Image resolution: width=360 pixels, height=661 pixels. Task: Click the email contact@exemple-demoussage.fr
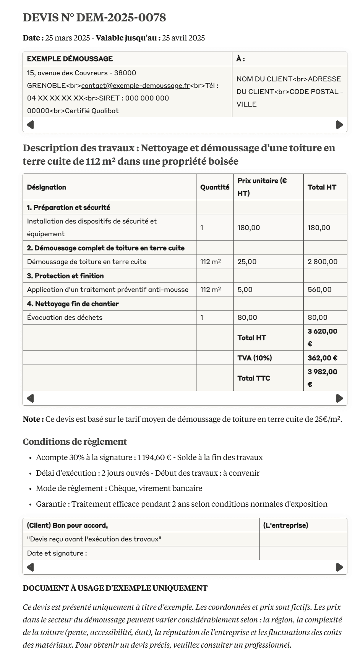click(x=135, y=86)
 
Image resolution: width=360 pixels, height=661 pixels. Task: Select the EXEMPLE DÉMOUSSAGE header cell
click(x=70, y=59)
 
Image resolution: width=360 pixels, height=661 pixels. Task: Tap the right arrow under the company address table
click(x=339, y=125)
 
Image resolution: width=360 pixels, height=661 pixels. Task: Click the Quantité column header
click(x=215, y=187)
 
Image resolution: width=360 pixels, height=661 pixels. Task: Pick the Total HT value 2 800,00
click(x=323, y=262)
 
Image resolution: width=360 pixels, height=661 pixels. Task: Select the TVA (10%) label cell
click(x=255, y=358)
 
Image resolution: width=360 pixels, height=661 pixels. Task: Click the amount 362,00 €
click(x=323, y=358)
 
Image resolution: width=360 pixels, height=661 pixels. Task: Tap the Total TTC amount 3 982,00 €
click(x=323, y=378)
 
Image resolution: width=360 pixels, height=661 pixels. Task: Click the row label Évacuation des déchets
click(x=65, y=318)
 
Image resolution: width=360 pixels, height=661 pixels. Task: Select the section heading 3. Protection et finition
click(x=65, y=276)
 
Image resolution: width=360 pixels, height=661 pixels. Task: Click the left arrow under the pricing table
click(x=31, y=399)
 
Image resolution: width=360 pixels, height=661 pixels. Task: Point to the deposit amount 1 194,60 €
click(x=154, y=457)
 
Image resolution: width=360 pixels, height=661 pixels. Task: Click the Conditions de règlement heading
click(x=75, y=442)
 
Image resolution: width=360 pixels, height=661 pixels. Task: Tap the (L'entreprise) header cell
click(x=286, y=525)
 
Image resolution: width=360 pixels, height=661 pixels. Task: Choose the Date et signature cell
click(x=57, y=553)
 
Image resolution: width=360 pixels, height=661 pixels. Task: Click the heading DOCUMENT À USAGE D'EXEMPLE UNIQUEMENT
click(x=115, y=588)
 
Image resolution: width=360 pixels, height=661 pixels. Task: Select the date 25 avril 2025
click(x=183, y=38)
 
